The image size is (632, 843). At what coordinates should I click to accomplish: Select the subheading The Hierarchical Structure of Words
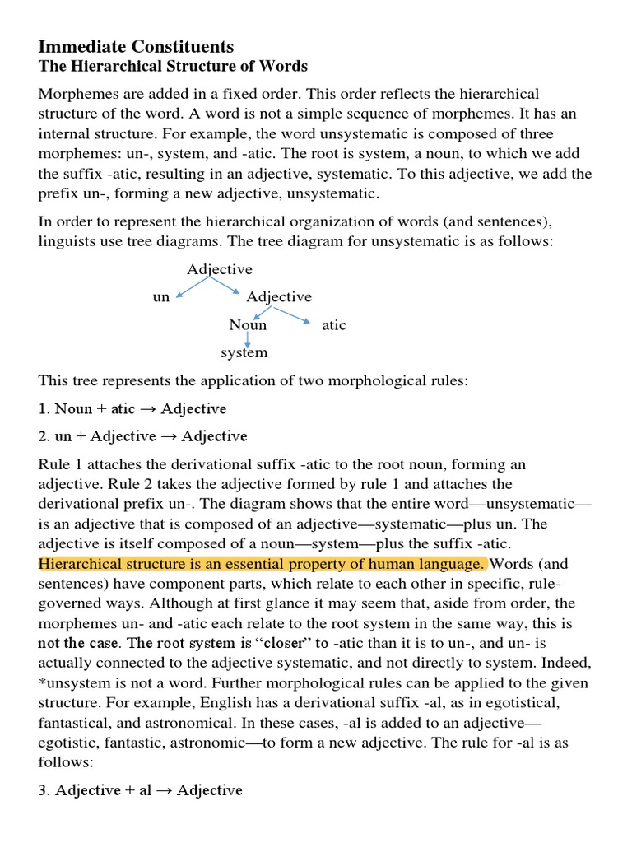173,67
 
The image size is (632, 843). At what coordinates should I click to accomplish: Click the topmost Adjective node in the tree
220,269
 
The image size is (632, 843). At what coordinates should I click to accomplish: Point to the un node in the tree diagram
161,297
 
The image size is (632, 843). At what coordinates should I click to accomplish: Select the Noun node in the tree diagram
248,324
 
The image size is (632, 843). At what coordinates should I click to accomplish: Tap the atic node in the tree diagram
334,324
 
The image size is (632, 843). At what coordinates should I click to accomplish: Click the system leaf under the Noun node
244,352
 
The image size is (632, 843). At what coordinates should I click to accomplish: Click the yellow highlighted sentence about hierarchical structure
263,564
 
